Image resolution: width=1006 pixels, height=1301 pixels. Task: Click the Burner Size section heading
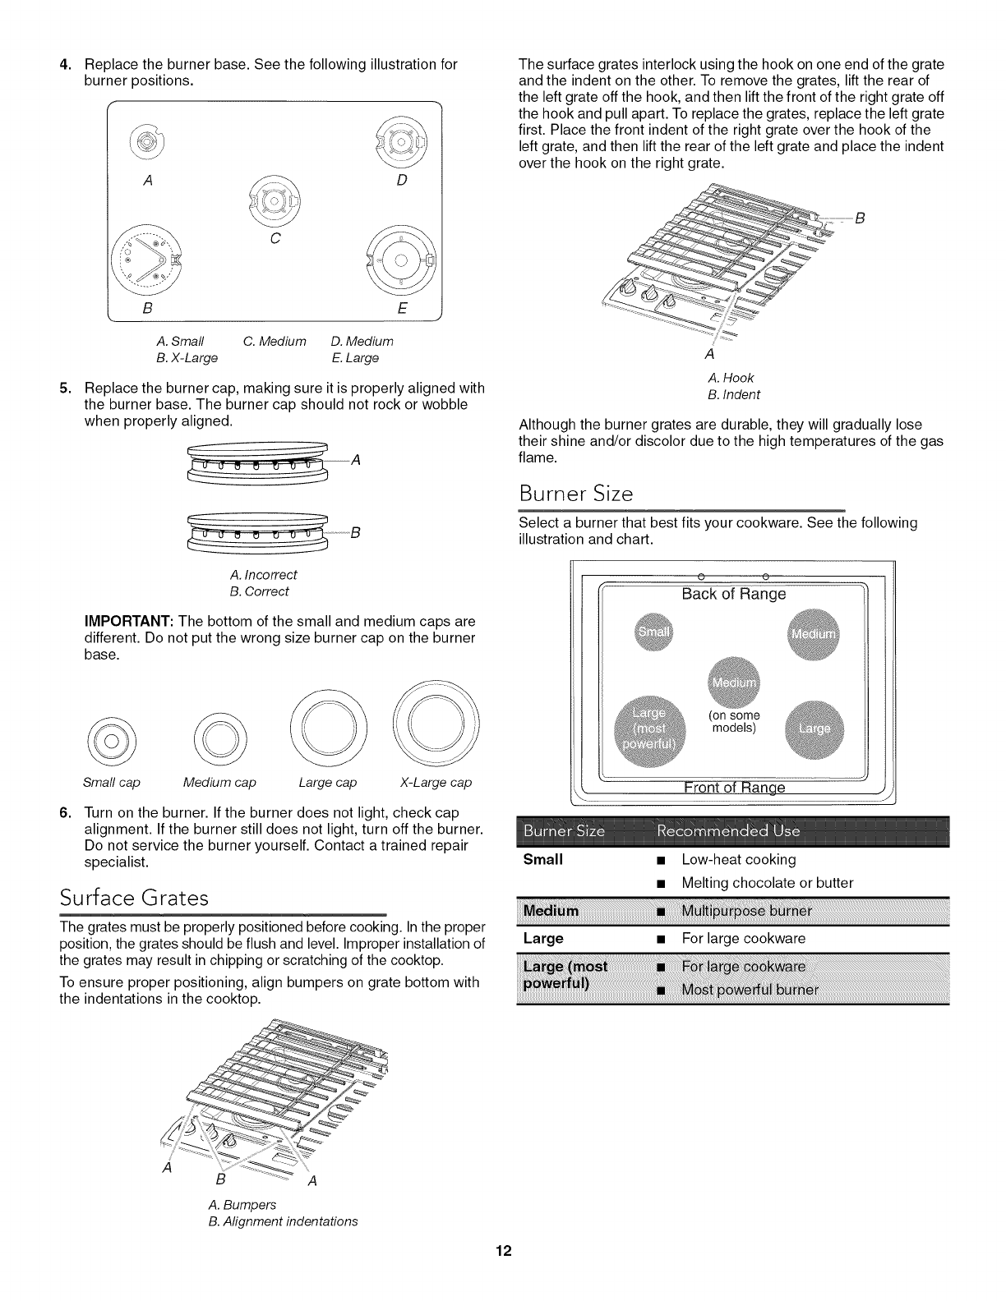(x=576, y=494)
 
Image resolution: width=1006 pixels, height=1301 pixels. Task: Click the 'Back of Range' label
(x=733, y=594)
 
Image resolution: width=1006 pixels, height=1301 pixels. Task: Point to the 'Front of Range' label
(x=734, y=788)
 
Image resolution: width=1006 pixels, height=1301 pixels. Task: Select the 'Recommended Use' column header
(x=728, y=831)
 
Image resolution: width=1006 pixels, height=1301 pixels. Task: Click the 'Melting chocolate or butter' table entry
(x=767, y=883)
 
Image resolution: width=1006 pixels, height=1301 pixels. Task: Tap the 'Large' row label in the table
(x=543, y=938)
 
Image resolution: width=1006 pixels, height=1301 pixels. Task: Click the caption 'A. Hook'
(x=730, y=378)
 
